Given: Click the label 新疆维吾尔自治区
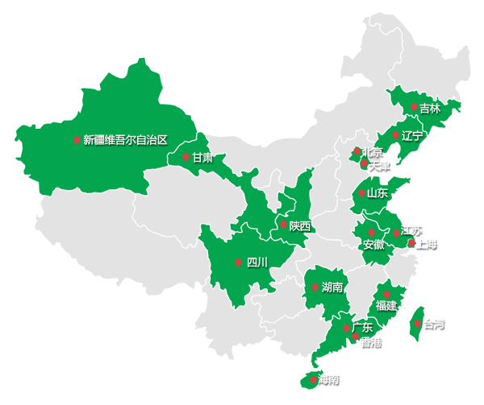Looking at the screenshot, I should coord(125,140).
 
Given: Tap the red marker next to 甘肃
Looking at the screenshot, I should coord(186,157).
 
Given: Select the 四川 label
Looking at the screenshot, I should coord(257,262).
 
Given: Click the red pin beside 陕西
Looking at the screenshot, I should coord(283,225).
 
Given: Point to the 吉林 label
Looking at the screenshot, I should coord(430,109).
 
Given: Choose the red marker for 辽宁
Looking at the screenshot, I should coord(395,135).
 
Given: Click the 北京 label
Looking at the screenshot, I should coord(373,152).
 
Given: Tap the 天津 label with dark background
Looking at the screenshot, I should coord(379,166).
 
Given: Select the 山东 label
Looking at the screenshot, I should coord(377,193).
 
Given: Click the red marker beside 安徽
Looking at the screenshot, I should coord(371,233).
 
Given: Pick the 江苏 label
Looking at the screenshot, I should coord(411,230).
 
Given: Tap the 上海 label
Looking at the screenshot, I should coord(427,243).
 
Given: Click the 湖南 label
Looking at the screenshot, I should coord(332,287).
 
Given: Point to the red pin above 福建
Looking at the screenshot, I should coord(386,295).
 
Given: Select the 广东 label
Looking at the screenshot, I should coord(362,328).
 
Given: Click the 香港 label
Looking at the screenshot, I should coord(371,342).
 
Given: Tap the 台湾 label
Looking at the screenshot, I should coord(433,324).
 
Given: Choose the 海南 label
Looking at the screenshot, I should coord(328,379).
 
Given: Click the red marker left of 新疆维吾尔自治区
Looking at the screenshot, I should coord(77,140).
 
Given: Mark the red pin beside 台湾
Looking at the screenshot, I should coord(417,324).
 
